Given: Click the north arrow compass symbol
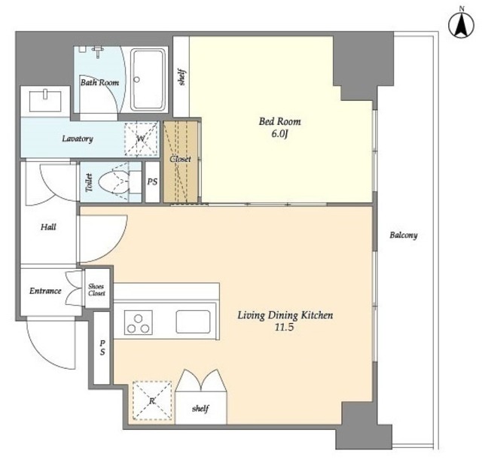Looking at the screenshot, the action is (x=461, y=25).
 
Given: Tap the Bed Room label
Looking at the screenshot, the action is (x=279, y=121).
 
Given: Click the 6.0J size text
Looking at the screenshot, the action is (x=279, y=134).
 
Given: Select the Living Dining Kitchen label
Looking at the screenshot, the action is (x=285, y=315).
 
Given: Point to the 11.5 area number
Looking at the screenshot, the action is (x=285, y=327).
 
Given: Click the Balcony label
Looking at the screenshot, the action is (x=404, y=236).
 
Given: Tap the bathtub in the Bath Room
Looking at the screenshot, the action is (x=148, y=81).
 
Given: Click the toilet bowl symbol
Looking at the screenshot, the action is (x=114, y=182).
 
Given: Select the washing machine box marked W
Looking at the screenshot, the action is (x=142, y=139).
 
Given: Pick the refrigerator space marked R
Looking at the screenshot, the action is (x=152, y=401).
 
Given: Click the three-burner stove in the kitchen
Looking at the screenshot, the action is (x=139, y=322).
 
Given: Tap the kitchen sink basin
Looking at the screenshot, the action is (x=193, y=321).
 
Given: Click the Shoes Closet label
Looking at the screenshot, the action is (x=96, y=290).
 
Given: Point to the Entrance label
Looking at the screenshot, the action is (x=45, y=291).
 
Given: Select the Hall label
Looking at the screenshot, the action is (x=48, y=227).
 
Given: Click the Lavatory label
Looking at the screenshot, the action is (x=78, y=139).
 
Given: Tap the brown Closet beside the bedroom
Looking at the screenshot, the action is (x=181, y=162).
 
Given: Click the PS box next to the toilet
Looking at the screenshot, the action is (x=152, y=182).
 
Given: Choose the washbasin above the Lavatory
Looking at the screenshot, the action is (x=45, y=101).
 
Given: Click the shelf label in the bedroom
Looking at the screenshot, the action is (x=182, y=77).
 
